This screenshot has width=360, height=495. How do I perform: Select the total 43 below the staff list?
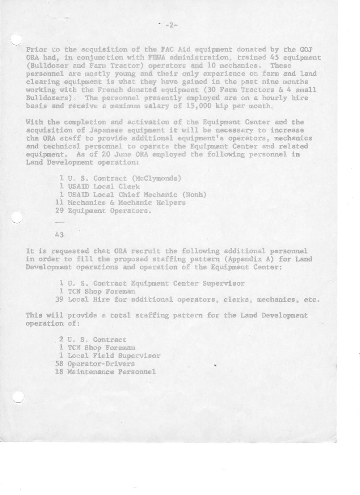60,235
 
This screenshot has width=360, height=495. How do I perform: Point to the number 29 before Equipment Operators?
60,211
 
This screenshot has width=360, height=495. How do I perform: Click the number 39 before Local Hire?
60,300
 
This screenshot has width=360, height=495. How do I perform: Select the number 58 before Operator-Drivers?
60,364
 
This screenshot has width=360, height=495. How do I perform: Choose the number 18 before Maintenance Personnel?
60,372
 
